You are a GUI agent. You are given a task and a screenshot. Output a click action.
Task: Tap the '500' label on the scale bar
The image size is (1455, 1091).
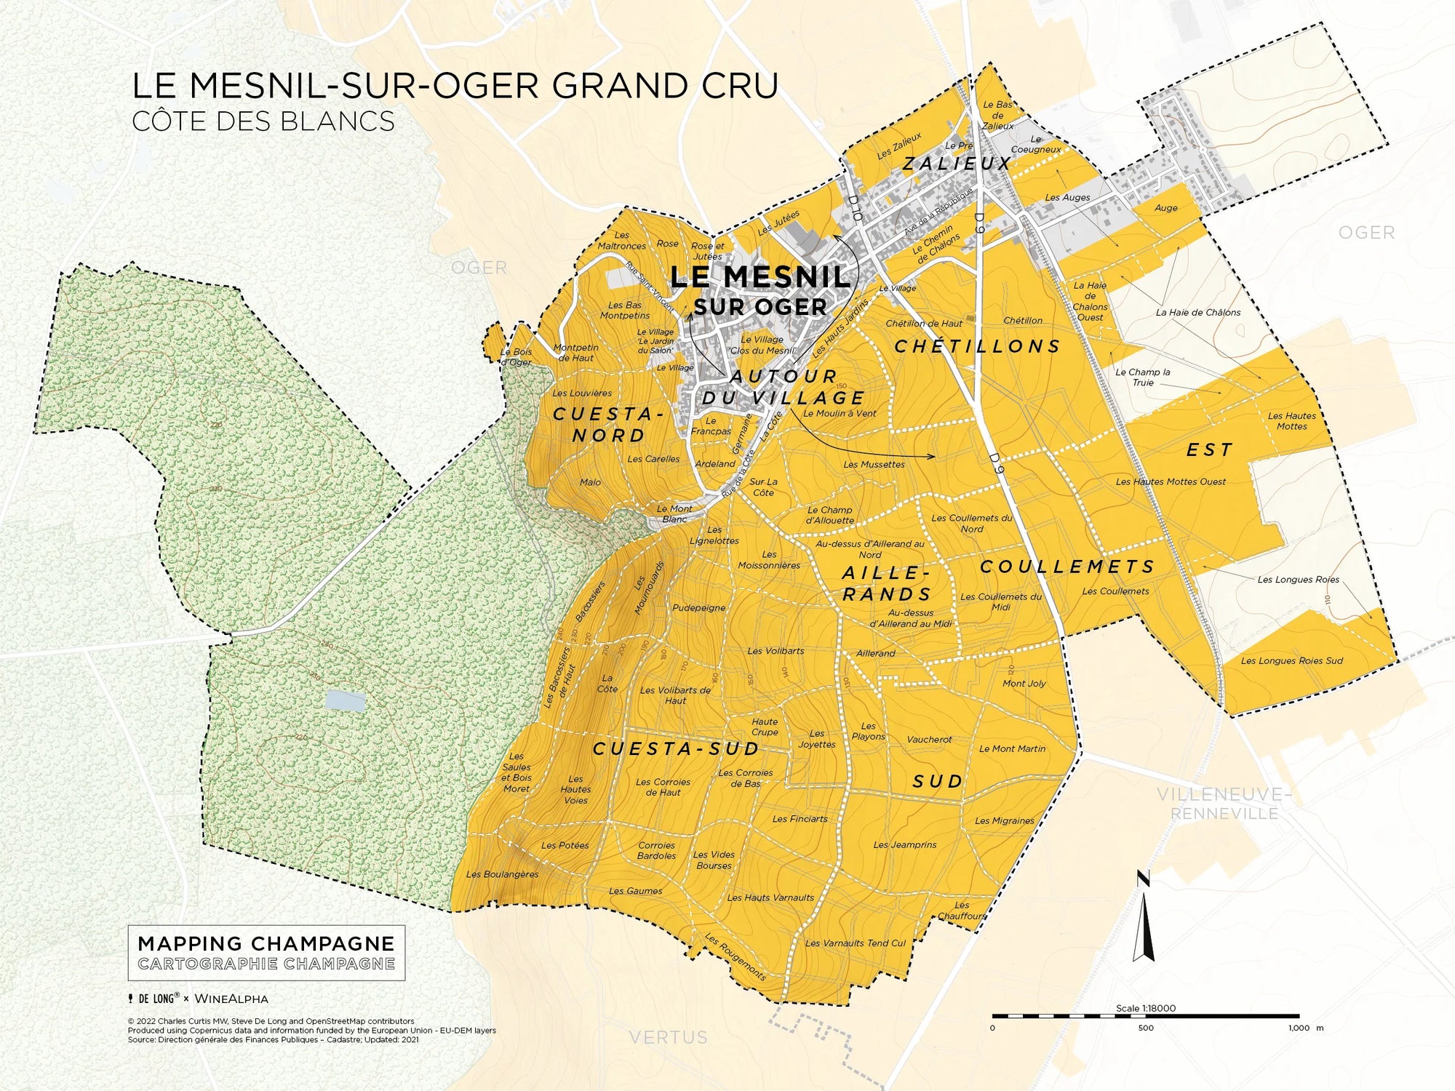[x=1146, y=1028]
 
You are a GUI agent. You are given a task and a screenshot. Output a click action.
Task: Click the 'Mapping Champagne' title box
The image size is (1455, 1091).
[x=266, y=953]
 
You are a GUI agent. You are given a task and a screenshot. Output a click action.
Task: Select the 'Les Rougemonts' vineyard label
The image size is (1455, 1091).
[x=736, y=957]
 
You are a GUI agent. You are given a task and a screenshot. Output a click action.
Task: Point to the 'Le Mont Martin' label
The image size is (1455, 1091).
[x=1012, y=748]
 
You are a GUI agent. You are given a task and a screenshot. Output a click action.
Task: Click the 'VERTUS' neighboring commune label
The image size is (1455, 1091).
[x=668, y=1037]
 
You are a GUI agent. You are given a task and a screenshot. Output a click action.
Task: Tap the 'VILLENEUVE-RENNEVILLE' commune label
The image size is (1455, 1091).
[x=1224, y=804]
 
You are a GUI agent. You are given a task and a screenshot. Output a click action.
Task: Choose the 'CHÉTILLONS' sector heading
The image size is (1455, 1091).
[x=978, y=346]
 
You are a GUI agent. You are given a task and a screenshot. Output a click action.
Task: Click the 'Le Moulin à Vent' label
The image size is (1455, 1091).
[x=840, y=413]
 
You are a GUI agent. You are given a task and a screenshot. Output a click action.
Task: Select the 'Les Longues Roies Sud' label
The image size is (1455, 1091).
[x=1291, y=660]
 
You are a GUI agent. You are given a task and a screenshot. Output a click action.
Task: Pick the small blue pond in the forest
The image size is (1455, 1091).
[x=345, y=700]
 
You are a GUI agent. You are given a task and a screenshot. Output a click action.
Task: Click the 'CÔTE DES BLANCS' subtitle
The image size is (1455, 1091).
[x=263, y=121]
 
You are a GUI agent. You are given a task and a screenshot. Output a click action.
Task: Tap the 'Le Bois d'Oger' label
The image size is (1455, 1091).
[x=516, y=356]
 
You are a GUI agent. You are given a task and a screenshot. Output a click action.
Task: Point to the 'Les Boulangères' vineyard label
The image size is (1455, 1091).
[x=502, y=874]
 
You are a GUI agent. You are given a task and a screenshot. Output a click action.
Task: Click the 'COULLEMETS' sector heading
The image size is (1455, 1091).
[x=1067, y=567]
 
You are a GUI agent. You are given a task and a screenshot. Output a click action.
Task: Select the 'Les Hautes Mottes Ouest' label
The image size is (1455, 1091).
[x=1171, y=481]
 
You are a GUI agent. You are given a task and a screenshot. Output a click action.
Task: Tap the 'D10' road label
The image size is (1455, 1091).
[x=855, y=207]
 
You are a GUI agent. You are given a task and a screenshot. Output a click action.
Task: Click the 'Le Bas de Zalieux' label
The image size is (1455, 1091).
[x=997, y=115]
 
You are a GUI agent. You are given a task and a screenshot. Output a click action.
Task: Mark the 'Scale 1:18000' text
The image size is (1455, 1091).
[x=1145, y=1008]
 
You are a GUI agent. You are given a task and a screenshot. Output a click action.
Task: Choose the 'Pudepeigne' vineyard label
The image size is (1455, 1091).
[x=698, y=607]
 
